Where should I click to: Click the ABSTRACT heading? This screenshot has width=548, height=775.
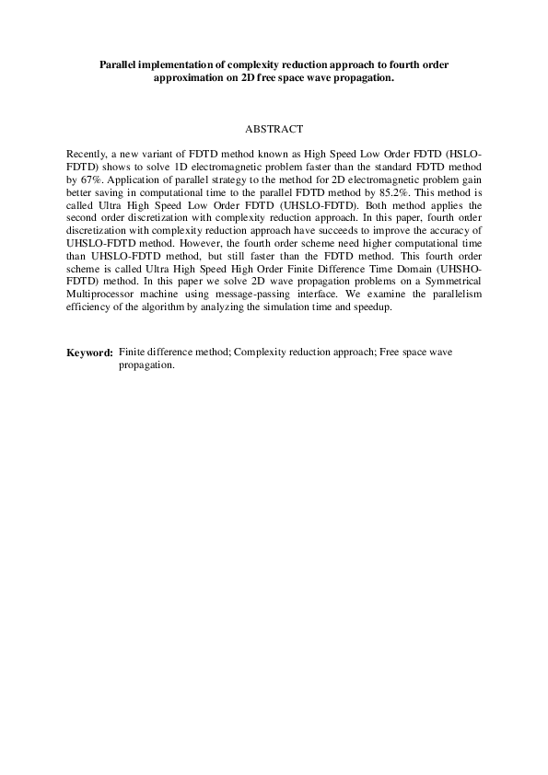coord(274,131)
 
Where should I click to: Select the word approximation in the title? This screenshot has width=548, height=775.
coord(192,78)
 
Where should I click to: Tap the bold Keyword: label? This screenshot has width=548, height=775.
coord(89,353)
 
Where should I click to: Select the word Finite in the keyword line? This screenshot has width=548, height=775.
coord(134,353)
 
